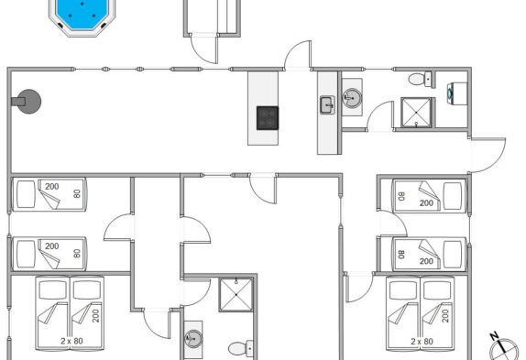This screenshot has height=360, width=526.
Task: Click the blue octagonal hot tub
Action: point(82,15)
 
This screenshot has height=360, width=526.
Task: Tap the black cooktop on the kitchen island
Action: point(268,118)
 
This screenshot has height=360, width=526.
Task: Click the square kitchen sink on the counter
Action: point(327,105)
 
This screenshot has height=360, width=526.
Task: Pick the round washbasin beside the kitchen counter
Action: point(352,98)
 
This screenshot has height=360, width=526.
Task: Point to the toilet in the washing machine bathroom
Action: point(420,79)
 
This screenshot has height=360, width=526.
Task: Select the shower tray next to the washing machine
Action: point(416,113)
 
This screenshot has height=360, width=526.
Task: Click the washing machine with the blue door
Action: point(457,93)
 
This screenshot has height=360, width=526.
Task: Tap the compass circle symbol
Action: point(503,350)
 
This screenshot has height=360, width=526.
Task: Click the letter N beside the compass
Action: point(493,336)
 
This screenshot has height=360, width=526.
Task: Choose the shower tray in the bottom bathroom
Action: point(236,295)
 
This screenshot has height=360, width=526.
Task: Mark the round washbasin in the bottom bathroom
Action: point(193,339)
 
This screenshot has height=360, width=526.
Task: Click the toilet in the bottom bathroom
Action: point(241,348)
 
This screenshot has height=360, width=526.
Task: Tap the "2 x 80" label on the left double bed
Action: point(71,341)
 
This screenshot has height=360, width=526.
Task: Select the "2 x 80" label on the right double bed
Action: point(422,342)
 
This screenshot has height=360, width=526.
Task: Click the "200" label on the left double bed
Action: point(96,316)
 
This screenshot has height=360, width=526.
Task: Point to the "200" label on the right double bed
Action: point(445,316)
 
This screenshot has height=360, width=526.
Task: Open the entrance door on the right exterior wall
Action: point(488,155)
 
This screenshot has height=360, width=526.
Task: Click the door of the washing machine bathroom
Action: point(379,115)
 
